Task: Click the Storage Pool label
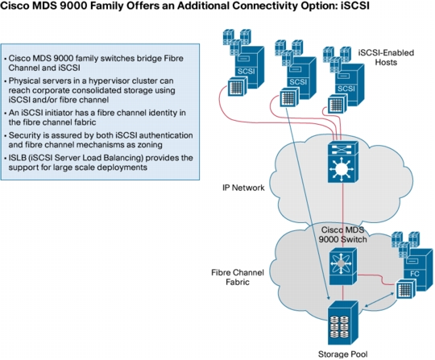[342, 354]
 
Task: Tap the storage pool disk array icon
[343, 323]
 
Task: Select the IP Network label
[243, 188]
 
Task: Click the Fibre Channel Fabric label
[238, 277]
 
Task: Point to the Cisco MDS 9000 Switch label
[342, 234]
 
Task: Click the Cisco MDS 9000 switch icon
[343, 267]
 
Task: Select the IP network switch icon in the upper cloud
[343, 162]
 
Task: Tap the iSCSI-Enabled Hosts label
[386, 57]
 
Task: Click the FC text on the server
[415, 274]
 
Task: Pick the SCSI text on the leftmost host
[246, 72]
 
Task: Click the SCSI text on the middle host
[298, 82]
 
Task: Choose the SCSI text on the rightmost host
[346, 89]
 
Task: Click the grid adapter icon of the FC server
[406, 288]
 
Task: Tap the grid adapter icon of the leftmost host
[237, 87]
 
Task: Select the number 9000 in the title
[73, 6]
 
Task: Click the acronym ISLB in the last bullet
[17, 158]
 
